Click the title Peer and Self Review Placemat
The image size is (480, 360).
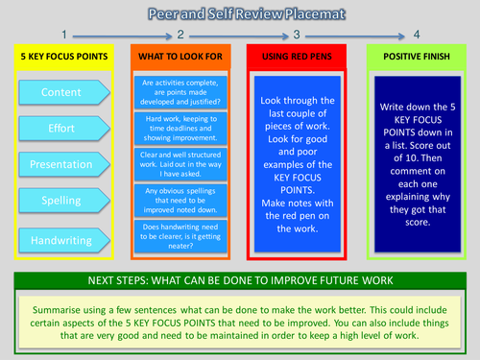coord(239,14)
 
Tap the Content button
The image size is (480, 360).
coord(61,92)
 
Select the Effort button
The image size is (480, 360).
coord(61,129)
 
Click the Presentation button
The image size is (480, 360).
coord(61,165)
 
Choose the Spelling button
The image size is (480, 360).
coord(61,203)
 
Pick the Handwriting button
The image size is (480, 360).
coord(61,240)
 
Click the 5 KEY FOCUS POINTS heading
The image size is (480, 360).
coord(65,58)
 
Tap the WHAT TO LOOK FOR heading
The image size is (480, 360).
coord(181,58)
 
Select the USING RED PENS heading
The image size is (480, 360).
coord(299,58)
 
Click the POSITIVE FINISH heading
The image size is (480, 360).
coord(416,58)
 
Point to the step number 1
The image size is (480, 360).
coord(63,35)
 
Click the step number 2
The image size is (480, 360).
coord(180,35)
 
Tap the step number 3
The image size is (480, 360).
coord(298,35)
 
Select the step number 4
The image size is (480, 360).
coord(416,35)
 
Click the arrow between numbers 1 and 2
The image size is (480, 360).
coord(122,36)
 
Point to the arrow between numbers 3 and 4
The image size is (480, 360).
coord(356,36)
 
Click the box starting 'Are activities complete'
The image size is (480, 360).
coord(181,94)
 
